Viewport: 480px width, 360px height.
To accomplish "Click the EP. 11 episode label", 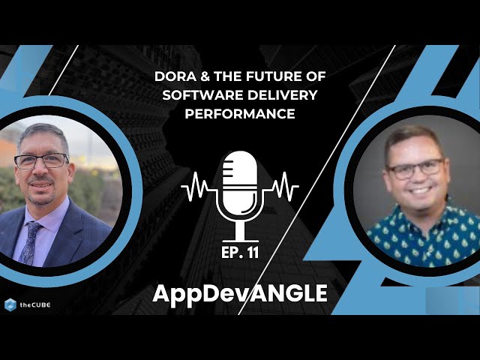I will (x=240, y=253).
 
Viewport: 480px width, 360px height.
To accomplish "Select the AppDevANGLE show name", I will (x=240, y=293).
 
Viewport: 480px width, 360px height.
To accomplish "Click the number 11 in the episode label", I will (x=252, y=253).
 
